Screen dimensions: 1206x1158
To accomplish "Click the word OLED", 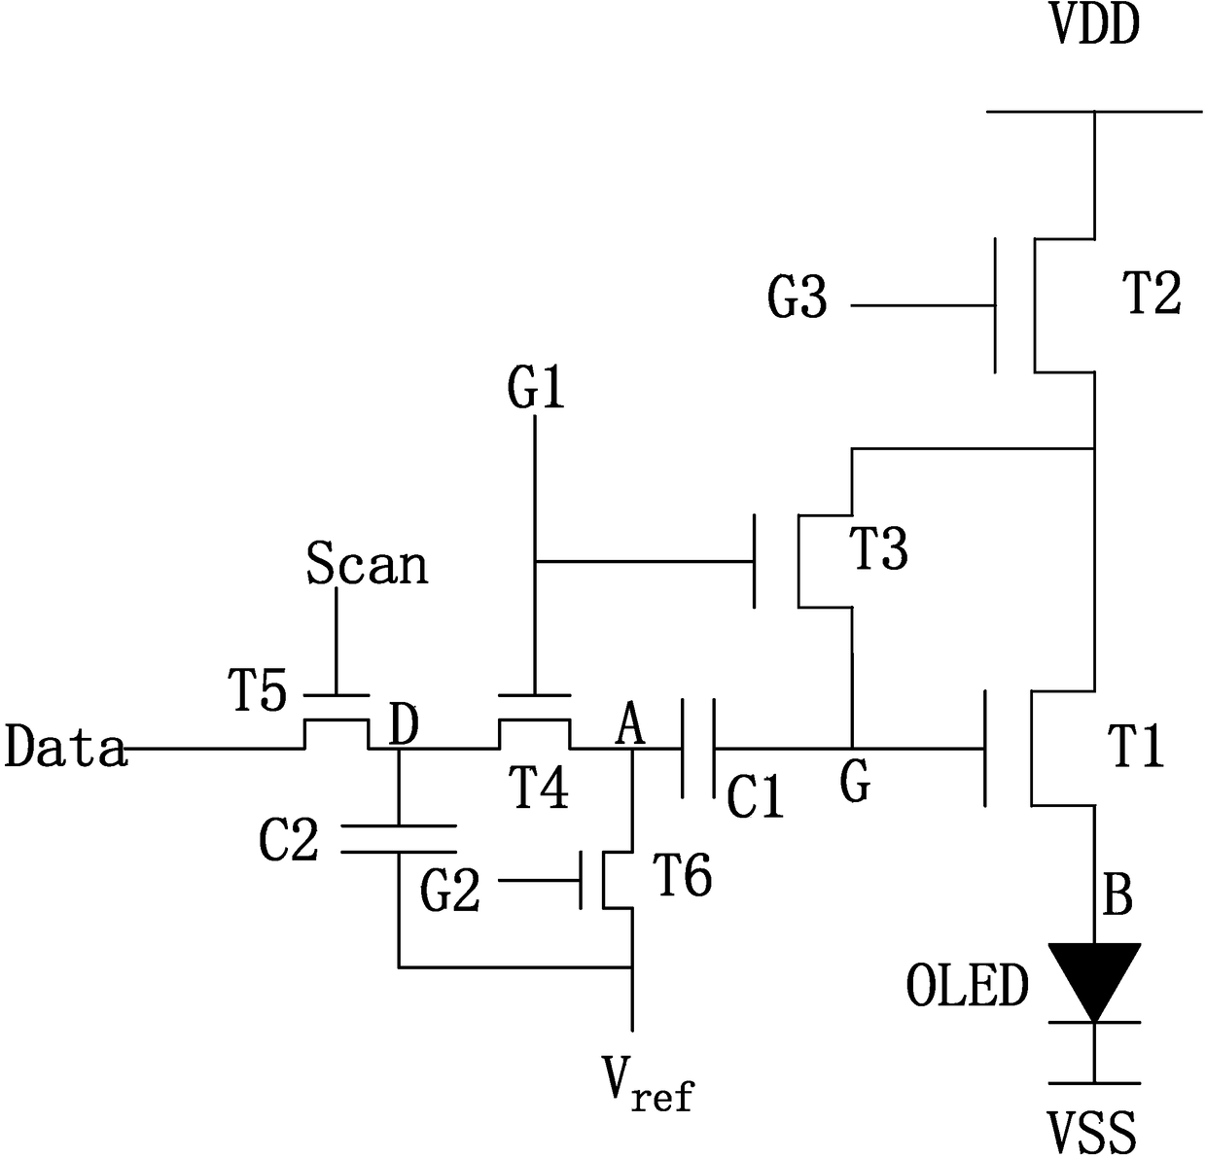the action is point(968,985).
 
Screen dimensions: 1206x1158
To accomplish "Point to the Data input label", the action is point(66,746).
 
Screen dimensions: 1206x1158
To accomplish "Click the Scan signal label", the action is point(368,563).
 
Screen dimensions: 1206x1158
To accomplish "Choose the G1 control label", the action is point(536,389).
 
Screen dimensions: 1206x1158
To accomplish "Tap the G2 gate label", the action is point(450,892).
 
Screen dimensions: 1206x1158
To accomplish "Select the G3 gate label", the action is point(797,298).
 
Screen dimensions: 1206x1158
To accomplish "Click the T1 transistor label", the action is point(1135,747).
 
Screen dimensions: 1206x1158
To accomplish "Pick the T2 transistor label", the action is point(1153,294).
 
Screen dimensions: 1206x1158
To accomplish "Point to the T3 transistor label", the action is point(877,549).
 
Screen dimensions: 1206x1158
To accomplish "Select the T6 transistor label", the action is point(683,876).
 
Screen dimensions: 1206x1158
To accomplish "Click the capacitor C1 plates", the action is point(698,749).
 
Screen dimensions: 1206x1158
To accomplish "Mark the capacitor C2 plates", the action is point(399,839).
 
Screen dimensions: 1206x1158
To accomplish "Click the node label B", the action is point(1118,895).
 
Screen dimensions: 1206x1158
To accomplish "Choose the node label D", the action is point(405,725).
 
